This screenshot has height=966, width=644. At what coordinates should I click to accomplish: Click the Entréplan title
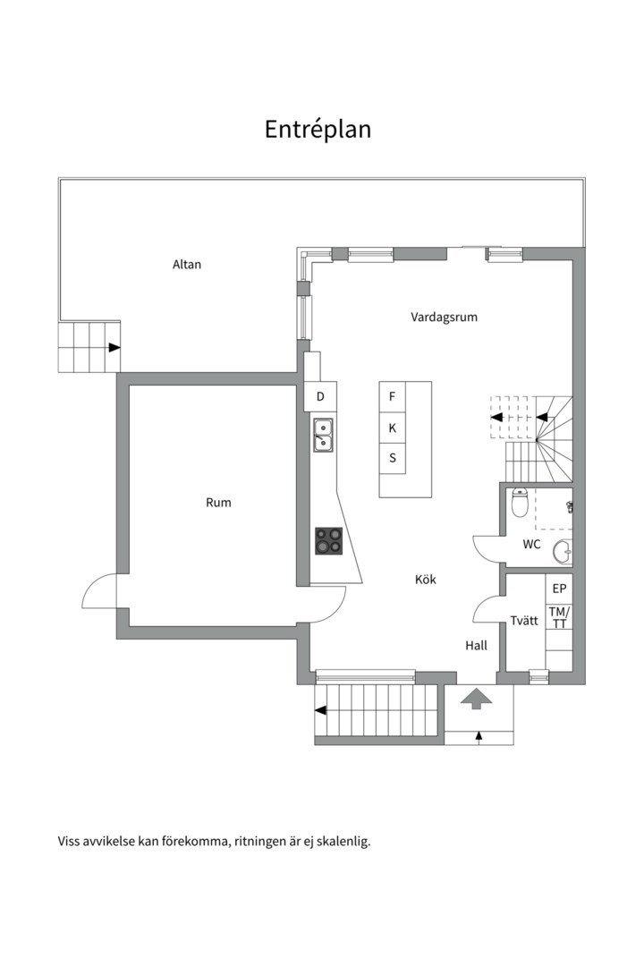click(x=318, y=130)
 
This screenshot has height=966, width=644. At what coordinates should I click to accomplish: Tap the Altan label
click(x=187, y=264)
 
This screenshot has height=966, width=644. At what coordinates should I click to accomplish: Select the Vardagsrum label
click(x=444, y=318)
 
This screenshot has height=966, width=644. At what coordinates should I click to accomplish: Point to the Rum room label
click(x=218, y=503)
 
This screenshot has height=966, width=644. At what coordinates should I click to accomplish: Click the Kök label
click(x=425, y=579)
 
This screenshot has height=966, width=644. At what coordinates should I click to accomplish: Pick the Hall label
click(x=476, y=646)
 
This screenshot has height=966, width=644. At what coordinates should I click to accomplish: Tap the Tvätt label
click(x=524, y=621)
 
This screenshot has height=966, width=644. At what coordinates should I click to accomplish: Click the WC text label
click(x=531, y=544)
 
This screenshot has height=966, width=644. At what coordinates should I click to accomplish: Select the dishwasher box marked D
click(x=320, y=397)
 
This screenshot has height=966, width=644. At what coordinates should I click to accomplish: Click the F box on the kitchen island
click(x=392, y=397)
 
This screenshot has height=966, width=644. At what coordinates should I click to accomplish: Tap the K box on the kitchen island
click(x=392, y=428)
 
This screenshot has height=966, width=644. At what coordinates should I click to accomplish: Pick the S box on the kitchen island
click(x=392, y=458)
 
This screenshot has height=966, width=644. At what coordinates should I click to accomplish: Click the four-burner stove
click(x=328, y=541)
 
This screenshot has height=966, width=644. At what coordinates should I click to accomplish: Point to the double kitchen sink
click(x=323, y=435)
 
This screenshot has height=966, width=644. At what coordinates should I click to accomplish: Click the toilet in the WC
click(x=521, y=502)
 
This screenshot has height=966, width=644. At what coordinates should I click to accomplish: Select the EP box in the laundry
click(x=559, y=589)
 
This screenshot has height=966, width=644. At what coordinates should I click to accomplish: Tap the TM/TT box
click(x=559, y=617)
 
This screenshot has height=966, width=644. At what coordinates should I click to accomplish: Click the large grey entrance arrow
click(x=477, y=699)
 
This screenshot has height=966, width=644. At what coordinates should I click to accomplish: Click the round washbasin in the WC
click(x=563, y=551)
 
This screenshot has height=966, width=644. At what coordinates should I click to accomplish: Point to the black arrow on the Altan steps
click(x=114, y=347)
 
